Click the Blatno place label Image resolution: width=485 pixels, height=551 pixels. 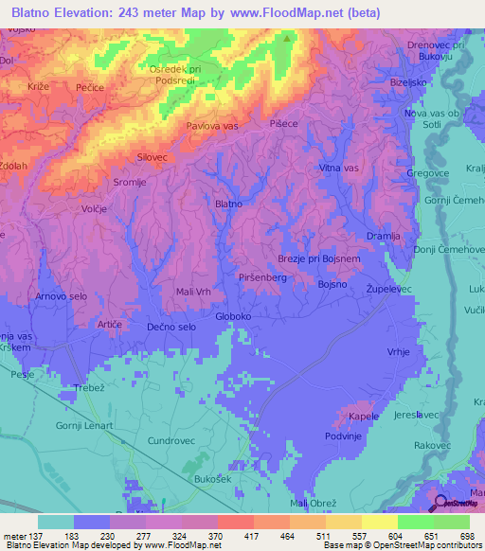click(x=228, y=204)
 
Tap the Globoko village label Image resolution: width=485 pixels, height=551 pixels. click(x=232, y=317)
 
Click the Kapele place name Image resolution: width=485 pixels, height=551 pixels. click(x=364, y=416)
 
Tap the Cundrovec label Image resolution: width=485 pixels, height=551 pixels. click(x=171, y=441)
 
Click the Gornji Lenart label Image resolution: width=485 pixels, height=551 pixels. click(x=83, y=426)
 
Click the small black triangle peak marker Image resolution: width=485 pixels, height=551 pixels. click(x=287, y=41)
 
